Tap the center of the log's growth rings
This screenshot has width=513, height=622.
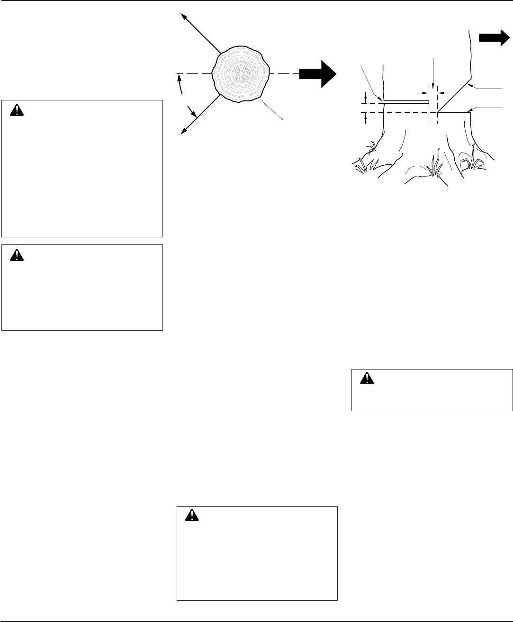click(241, 74)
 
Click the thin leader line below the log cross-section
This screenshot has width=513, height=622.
click(271, 109)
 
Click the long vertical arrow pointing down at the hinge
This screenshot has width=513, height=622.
click(433, 71)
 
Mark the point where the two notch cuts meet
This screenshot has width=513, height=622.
click(438, 113)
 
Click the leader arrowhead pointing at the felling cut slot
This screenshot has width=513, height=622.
click(382, 99)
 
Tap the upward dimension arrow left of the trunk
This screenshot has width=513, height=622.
click(366, 116)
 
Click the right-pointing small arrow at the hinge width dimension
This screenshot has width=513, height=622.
click(425, 90)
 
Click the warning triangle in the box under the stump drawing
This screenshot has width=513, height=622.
click(366, 378)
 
